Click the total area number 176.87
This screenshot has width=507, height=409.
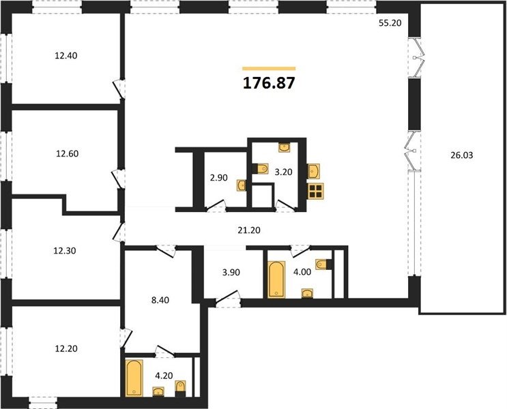pos(269,83)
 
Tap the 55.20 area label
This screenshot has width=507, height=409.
pos(390,23)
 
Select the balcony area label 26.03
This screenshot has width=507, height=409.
pos(461,155)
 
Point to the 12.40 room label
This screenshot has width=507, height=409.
pos(66,56)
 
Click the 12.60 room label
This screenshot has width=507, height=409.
pos(68,153)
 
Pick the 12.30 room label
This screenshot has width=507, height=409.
pos(65,251)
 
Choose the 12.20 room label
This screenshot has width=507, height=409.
pos(66,348)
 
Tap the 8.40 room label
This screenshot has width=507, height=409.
pos(160,300)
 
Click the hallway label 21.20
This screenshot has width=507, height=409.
pos(249,230)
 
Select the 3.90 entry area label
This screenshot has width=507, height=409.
pos(231,273)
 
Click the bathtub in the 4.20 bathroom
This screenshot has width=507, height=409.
pos(134,378)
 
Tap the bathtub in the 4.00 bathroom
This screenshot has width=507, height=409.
pos(276,279)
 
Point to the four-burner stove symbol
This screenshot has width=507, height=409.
pos(316,191)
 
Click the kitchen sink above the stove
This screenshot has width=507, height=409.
pos(314,171)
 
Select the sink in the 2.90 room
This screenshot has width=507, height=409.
pos(241,185)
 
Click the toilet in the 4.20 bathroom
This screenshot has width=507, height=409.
pos(180,389)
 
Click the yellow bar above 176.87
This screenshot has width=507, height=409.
pos(269,68)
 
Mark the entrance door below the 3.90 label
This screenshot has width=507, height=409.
pos(228,299)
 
